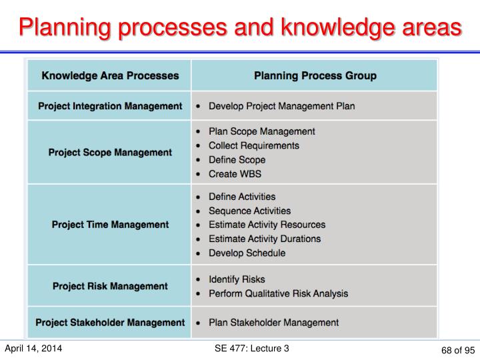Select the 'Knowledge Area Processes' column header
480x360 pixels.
pyautogui.click(x=110, y=75)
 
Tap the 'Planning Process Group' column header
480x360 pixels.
pyautogui.click(x=315, y=75)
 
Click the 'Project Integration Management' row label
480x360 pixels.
pyautogui.click(x=110, y=106)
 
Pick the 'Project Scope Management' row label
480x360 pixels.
pyautogui.click(x=110, y=153)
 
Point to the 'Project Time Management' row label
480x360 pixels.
pyautogui.click(x=110, y=225)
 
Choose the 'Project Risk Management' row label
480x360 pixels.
pyautogui.click(x=110, y=286)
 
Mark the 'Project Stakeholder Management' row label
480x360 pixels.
pyautogui.click(x=110, y=323)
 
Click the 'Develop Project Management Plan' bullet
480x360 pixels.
pyautogui.click(x=281, y=106)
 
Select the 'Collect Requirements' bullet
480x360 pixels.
pyautogui.click(x=253, y=145)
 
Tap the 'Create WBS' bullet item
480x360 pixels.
pyautogui.click(x=235, y=174)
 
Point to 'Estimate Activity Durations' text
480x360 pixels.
pyautogui.click(x=264, y=239)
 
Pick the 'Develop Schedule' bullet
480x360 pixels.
pyautogui.click(x=247, y=253)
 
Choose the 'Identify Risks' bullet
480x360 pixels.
pyautogui.click(x=237, y=279)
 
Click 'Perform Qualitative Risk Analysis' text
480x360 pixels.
pyautogui.click(x=278, y=293)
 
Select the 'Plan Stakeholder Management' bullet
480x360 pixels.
pyautogui.click(x=273, y=323)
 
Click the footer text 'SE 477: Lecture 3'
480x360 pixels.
pyautogui.click(x=249, y=348)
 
